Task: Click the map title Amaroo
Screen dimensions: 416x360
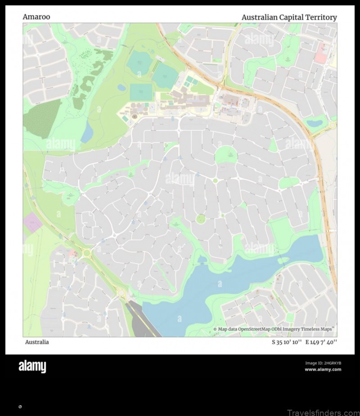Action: tap(36, 17)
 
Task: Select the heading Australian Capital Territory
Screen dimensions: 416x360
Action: tap(289, 17)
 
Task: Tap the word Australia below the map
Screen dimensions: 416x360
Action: tap(37, 342)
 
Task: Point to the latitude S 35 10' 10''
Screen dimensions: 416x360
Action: tap(287, 342)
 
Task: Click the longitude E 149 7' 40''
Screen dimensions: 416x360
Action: tap(321, 342)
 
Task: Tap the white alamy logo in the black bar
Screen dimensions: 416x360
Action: tap(32, 367)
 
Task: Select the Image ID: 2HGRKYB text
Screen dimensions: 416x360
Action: tap(323, 363)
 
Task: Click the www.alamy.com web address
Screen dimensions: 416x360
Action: tap(323, 370)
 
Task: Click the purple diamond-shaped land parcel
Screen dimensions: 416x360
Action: tap(32, 222)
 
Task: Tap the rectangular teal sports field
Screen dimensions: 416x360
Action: tap(141, 92)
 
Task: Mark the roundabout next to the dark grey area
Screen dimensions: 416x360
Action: tap(121, 293)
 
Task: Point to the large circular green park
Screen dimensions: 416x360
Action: tap(226, 156)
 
